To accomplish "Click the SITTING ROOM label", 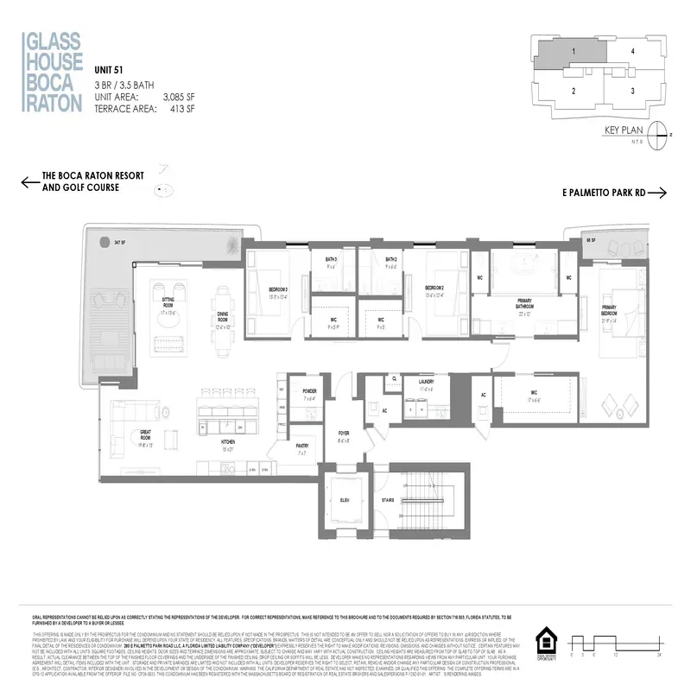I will click(168, 302).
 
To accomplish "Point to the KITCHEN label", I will click(229, 444).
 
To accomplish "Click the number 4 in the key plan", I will click(633, 52).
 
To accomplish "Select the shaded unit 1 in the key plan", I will click(572, 53).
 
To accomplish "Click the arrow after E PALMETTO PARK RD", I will click(658, 193).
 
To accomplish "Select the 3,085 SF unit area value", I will click(178, 98).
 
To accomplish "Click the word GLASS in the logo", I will click(53, 41).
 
